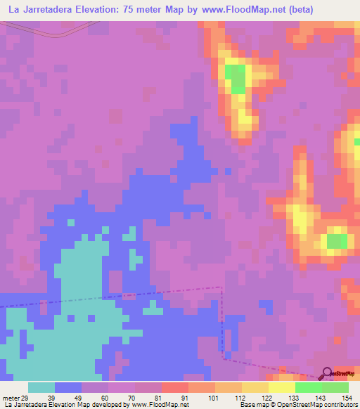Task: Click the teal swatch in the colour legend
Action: tap(41, 388)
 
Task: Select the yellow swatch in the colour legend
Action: tap(282, 388)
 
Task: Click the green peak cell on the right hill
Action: tap(335, 241)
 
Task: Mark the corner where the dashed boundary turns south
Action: tap(221, 287)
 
